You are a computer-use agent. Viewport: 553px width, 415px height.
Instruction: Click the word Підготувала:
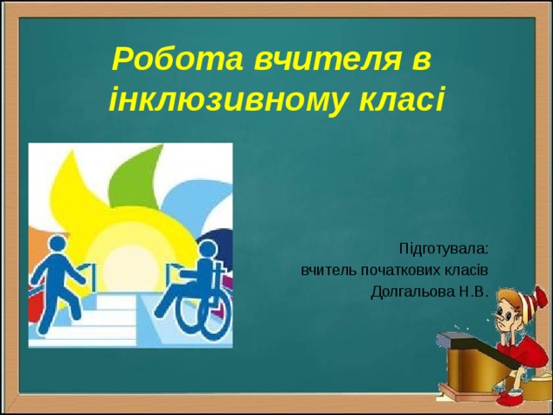tap(443, 248)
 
